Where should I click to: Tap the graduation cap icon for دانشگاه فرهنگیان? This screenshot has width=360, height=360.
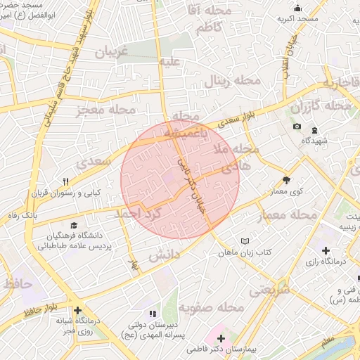pyautogui.click(x=53, y=224)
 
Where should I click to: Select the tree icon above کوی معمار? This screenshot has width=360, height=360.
pyautogui.click(x=286, y=180)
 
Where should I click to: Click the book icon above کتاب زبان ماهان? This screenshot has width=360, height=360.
pyautogui.click(x=244, y=240)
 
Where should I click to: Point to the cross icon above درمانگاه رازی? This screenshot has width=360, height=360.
pyautogui.click(x=325, y=251)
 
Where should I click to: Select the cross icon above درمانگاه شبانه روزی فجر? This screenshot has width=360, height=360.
pyautogui.click(x=77, y=310)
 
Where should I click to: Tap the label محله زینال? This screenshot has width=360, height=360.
pyautogui.click(x=232, y=81)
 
